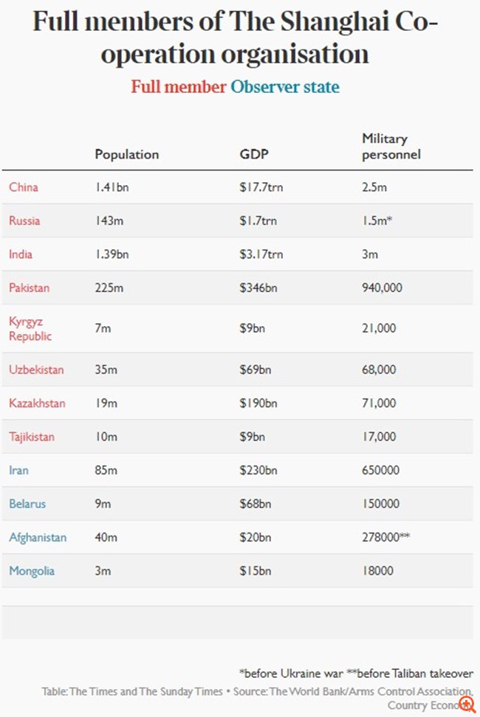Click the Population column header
(x=126, y=154)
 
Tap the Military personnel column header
(x=391, y=146)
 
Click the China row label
(x=24, y=187)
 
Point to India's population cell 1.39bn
(x=112, y=254)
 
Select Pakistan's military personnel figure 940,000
(x=382, y=288)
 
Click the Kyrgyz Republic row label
(x=30, y=328)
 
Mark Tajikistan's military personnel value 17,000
(x=379, y=437)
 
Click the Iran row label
(x=19, y=470)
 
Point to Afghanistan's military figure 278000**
(x=385, y=537)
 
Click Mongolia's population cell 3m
(x=103, y=571)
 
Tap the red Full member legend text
(x=179, y=86)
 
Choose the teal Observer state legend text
(x=285, y=86)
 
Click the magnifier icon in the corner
(x=467, y=704)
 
